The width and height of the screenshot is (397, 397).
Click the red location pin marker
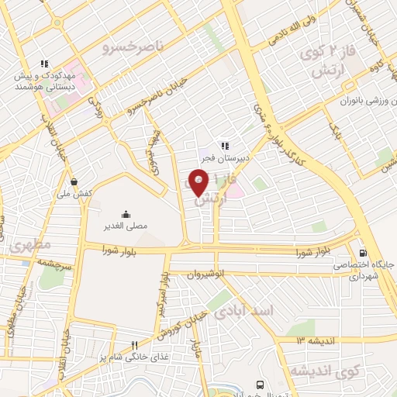pyautogui.click(x=199, y=183)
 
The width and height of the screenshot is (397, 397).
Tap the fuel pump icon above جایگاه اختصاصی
pyautogui.click(x=364, y=252)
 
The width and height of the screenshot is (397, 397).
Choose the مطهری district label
pyautogui.click(x=30, y=246)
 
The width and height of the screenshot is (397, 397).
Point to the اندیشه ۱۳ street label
pyautogui.click(x=321, y=340)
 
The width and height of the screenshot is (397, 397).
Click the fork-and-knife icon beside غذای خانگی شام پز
pyautogui.click(x=133, y=345)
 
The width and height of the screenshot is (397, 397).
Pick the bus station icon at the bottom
pyautogui.click(x=260, y=385)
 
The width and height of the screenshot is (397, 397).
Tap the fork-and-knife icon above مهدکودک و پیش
pyautogui.click(x=45, y=64)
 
